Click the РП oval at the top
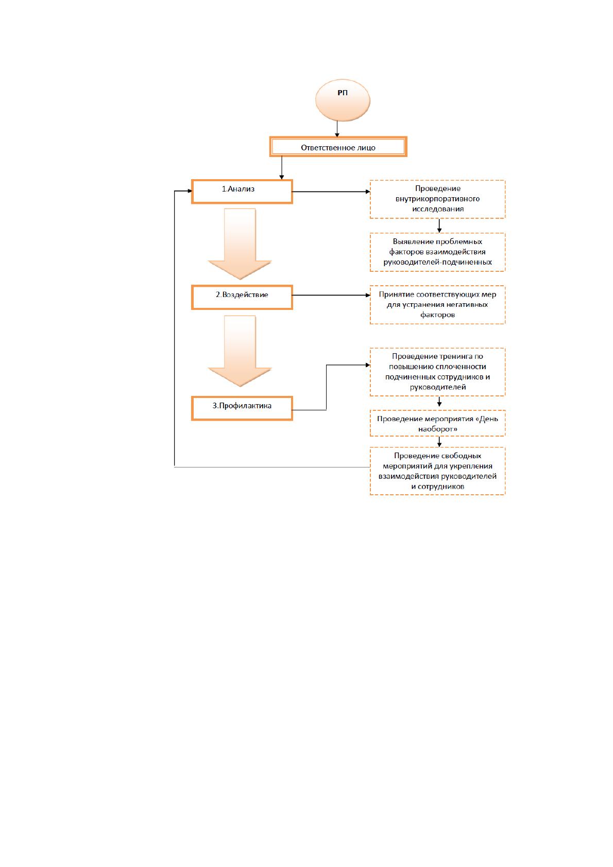343,100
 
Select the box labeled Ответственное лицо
338,147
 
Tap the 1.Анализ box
242,191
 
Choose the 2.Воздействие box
242,297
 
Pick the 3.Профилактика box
242,408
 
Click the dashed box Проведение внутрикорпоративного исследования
437,199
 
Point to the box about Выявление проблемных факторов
437,252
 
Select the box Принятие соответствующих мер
437,305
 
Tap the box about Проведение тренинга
437,372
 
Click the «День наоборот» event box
437,423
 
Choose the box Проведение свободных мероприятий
437,471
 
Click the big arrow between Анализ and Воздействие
240,244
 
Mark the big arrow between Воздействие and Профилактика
240,351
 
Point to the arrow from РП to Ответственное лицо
337,129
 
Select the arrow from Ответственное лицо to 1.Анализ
282,168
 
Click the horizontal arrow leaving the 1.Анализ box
331,192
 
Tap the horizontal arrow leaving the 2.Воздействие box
331,295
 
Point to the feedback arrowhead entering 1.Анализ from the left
190,191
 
